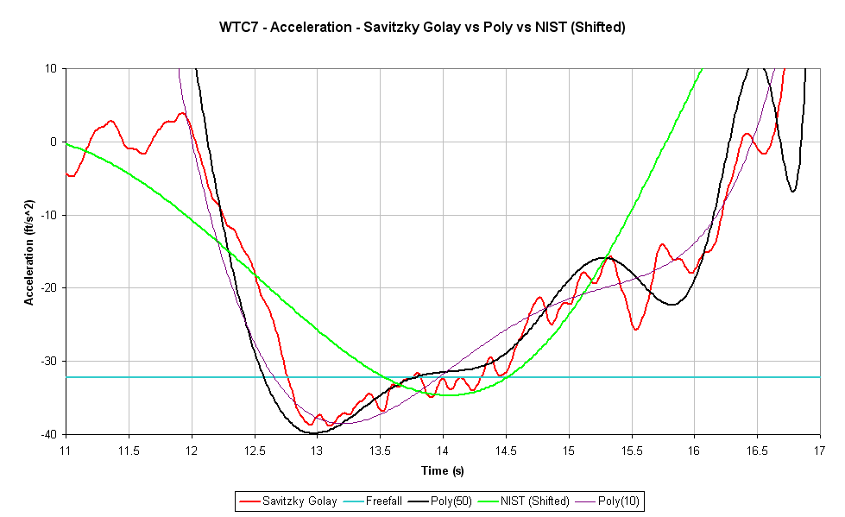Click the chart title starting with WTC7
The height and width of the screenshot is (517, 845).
[422, 27]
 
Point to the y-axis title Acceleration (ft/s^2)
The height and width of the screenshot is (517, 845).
[29, 252]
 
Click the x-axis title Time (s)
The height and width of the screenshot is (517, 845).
[442, 471]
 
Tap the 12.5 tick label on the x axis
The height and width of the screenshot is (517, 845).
[255, 451]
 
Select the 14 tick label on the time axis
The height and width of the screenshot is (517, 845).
[443, 451]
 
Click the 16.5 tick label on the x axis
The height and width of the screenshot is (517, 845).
[756, 451]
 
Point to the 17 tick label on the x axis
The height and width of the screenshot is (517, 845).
[819, 451]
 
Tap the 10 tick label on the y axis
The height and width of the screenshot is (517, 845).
[52, 69]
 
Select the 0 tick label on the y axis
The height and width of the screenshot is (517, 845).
[54, 142]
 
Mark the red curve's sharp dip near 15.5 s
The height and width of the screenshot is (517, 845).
[636, 329]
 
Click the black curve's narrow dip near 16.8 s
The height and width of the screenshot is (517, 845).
[792, 191]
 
